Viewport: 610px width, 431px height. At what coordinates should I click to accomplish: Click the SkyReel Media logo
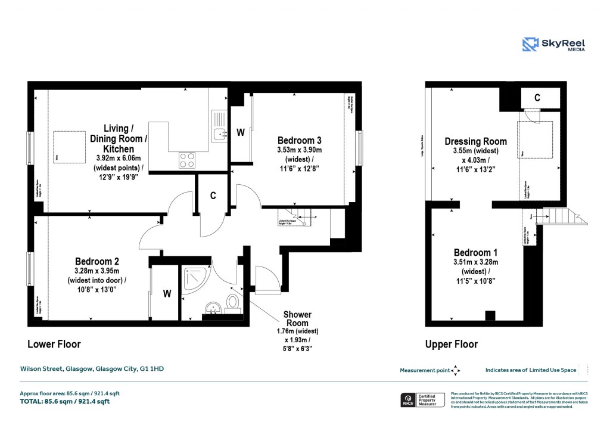click(x=553, y=45)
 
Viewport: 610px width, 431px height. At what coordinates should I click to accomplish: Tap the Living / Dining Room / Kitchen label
click(x=116, y=138)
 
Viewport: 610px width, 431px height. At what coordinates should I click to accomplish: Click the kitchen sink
click(x=219, y=134)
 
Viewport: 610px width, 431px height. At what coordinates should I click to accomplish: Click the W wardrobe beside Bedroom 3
click(x=241, y=133)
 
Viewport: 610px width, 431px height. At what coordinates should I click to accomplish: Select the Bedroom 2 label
click(x=97, y=261)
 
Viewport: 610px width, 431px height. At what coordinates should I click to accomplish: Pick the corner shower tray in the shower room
click(x=193, y=277)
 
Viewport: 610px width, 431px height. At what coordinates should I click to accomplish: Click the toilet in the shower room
click(x=232, y=302)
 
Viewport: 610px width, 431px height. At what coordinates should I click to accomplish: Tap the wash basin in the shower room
click(x=213, y=308)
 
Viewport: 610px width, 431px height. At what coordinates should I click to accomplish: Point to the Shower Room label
click(x=297, y=314)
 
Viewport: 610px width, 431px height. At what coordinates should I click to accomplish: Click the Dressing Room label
click(x=475, y=141)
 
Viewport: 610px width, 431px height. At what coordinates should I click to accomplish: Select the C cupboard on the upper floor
click(x=537, y=98)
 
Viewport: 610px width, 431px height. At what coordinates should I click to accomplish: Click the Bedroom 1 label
click(x=475, y=252)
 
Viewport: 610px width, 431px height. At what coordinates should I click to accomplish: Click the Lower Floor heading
click(x=54, y=344)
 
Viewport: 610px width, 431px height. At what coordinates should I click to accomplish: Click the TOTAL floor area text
click(x=65, y=401)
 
